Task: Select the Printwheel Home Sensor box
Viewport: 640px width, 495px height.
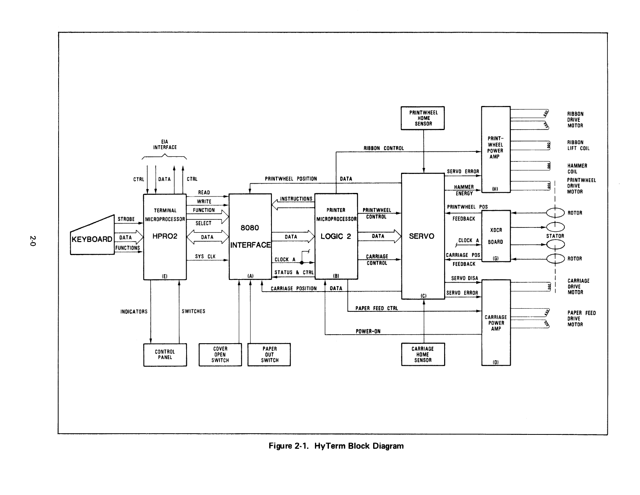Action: tap(423, 118)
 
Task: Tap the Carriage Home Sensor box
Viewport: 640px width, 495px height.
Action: tap(423, 354)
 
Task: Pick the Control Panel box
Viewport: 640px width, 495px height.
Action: tap(165, 355)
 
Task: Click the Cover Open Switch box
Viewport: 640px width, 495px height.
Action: tap(220, 355)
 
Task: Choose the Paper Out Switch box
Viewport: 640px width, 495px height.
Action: tap(269, 355)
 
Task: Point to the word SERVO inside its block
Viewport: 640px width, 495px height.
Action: tap(422, 236)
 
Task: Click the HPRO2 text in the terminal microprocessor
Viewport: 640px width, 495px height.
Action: tap(165, 236)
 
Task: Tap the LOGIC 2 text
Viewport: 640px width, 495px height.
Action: tap(336, 236)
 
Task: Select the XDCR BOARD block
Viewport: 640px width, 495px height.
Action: tap(496, 236)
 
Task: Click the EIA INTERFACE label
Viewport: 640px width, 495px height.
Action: tap(165, 144)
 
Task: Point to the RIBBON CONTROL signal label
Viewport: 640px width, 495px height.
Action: tap(384, 148)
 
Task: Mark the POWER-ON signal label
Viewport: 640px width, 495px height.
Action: tap(368, 332)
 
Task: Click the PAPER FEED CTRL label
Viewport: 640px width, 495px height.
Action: tap(377, 308)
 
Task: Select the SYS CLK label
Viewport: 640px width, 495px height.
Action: tap(205, 257)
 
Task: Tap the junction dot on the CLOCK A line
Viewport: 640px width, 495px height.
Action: tap(302, 262)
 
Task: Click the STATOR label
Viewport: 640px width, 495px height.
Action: tap(555, 236)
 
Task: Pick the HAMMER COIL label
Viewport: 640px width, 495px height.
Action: tap(577, 168)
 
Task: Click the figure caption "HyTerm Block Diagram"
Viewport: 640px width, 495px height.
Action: tap(359, 446)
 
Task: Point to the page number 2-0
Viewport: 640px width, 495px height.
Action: tap(33, 241)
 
